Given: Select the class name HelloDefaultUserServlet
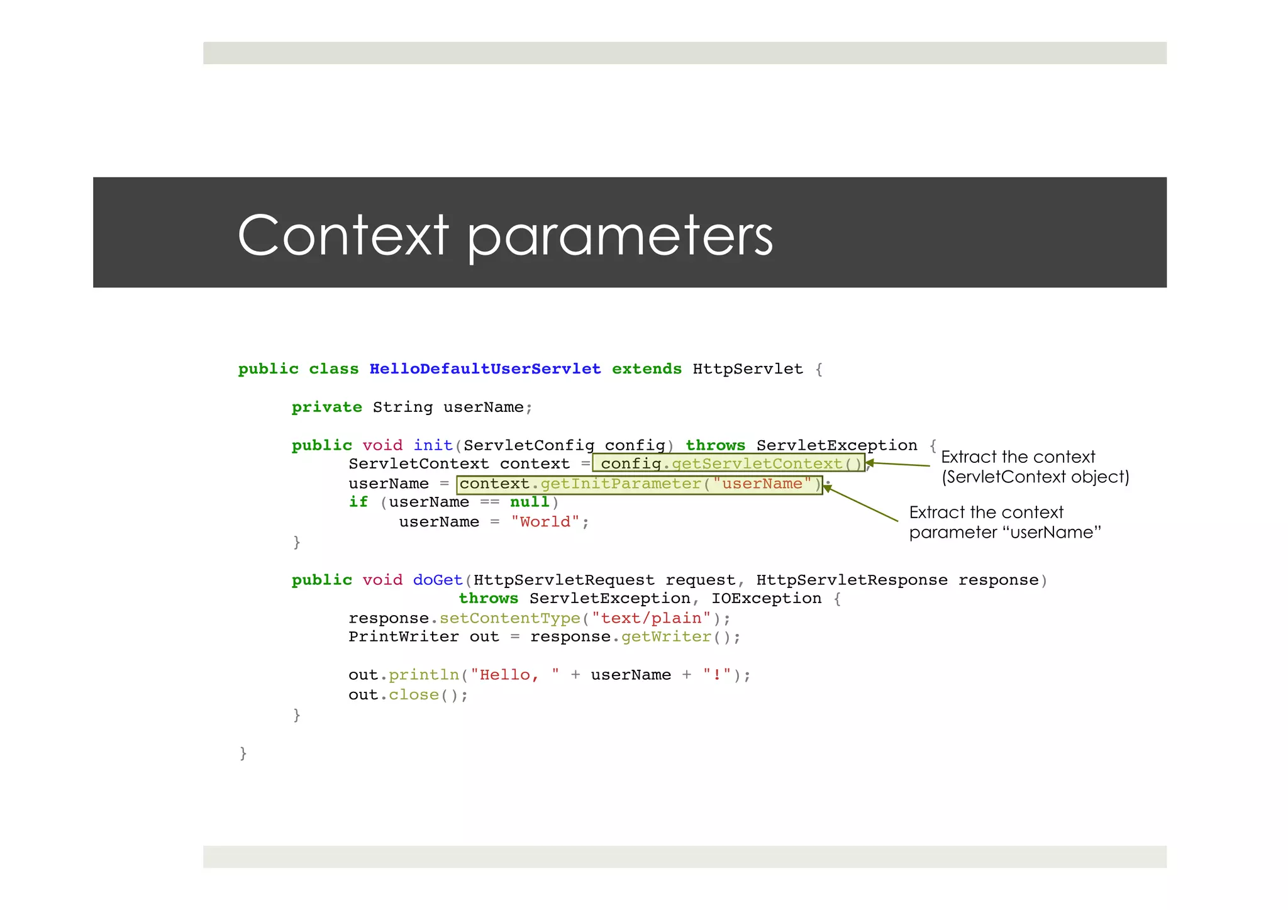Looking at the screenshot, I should click(485, 369).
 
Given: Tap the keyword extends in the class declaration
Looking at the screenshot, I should click(647, 369).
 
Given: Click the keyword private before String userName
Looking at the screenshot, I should click(326, 408).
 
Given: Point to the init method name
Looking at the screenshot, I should click(433, 445).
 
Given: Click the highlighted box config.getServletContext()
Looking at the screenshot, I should click(728, 463).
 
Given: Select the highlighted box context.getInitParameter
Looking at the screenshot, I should click(639, 484).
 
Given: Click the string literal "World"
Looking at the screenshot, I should click(545, 522).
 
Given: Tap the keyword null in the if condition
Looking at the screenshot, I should click(530, 502).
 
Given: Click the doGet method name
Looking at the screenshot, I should click(438, 580).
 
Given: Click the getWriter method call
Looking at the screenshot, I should click(666, 637).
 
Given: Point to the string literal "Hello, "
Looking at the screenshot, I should click(515, 675).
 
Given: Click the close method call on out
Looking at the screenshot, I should click(413, 695).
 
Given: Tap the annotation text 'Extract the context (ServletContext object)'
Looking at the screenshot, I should click(1035, 467).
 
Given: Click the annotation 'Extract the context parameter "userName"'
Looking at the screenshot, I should click(1004, 522).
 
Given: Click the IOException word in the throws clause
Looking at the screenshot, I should click(766, 599).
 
